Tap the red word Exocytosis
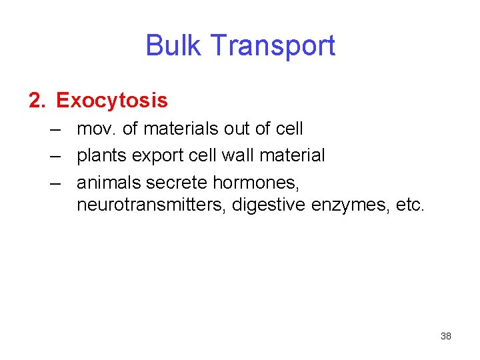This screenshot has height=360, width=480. [112, 101]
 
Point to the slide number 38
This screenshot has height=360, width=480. [446, 336]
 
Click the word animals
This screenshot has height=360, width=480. [109, 183]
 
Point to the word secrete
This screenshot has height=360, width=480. [177, 183]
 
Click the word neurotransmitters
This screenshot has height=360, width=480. [152, 204]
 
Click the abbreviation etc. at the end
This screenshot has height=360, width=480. [409, 204]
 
